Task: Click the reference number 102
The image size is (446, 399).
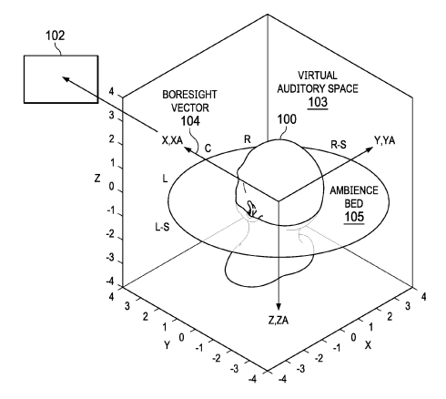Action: click(x=56, y=36)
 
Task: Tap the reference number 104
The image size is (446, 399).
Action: click(x=190, y=121)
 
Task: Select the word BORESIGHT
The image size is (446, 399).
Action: click(x=189, y=95)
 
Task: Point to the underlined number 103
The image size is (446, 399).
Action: click(x=318, y=102)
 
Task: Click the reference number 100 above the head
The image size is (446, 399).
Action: click(x=287, y=119)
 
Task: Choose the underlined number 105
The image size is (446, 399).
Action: click(x=354, y=217)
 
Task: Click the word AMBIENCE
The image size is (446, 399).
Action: click(x=354, y=190)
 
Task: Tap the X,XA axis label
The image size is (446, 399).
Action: click(x=172, y=140)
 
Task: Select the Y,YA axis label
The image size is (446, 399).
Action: click(x=385, y=140)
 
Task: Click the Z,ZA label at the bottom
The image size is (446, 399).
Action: click(x=279, y=320)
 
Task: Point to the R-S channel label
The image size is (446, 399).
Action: click(x=339, y=145)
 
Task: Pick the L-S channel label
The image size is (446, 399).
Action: click(x=162, y=227)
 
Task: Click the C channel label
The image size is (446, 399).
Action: click(x=208, y=148)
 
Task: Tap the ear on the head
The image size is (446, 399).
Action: click(x=252, y=209)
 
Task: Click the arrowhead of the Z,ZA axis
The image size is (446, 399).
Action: click(x=279, y=307)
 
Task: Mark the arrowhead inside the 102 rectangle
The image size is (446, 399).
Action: click(x=66, y=79)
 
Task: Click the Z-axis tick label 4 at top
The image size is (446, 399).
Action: click(x=111, y=91)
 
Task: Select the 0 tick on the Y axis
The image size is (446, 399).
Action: click(x=181, y=337)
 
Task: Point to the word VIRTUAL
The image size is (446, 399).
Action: click(x=318, y=76)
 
